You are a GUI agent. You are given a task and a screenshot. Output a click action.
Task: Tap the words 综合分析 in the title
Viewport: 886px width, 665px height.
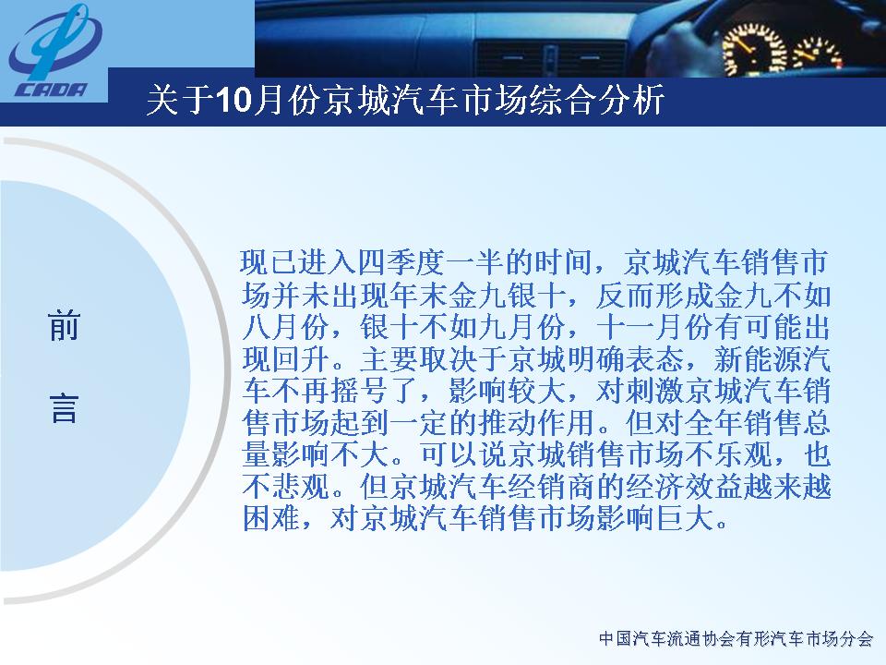[598, 101]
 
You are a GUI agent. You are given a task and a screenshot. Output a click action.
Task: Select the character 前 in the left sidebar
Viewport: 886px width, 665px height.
[64, 326]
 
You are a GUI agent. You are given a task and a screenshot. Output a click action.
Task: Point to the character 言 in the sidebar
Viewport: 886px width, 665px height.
[64, 408]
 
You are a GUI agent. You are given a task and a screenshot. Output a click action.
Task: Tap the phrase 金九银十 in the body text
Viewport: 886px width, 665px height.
[509, 296]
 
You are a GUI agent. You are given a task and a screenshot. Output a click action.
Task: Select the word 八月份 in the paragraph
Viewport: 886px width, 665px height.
[285, 327]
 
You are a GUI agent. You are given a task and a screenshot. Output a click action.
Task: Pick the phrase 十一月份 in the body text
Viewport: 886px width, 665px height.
[654, 327]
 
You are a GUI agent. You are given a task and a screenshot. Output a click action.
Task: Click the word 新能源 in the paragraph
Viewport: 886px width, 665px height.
[757, 359]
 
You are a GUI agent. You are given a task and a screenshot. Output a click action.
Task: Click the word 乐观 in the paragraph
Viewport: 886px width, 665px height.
[742, 454]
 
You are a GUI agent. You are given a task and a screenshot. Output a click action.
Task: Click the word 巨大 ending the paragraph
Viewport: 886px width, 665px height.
[685, 518]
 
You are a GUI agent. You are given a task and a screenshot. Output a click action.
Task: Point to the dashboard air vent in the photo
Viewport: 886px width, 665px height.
[551, 58]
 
